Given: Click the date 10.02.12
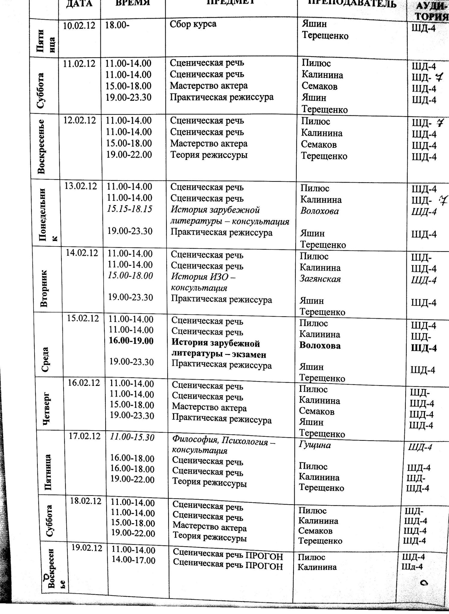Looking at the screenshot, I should pos(79,25).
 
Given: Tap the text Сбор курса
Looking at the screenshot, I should pos(193,24).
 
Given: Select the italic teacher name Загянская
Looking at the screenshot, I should pos(320,279).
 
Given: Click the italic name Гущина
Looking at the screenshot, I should pos(315,445).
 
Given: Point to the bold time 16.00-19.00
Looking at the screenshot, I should pos(131,341).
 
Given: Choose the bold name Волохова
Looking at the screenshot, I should pos(320,346).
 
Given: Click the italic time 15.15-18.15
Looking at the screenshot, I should pos(129,209).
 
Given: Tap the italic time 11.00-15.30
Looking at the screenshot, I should pos(132,437).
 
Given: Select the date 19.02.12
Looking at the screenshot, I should pos(87,548).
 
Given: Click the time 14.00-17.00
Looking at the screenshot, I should pos(134,560).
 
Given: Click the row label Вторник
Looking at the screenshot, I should pos(44,288).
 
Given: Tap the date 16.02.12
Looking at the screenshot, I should pos(84,383).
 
